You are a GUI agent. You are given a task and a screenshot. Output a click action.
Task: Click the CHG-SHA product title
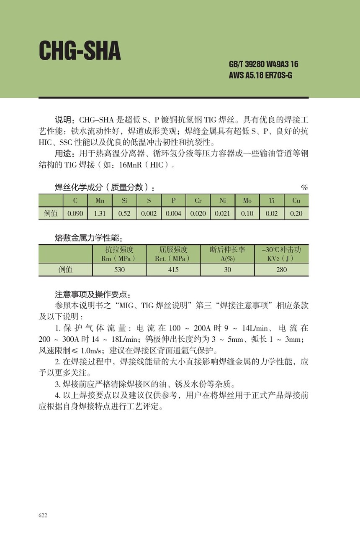pyautogui.click(x=80, y=51)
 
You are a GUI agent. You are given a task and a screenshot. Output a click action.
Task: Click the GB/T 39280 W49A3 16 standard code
pyautogui.click(x=263, y=64)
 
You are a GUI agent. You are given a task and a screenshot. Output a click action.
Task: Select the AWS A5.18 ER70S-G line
pyautogui.click(x=263, y=76)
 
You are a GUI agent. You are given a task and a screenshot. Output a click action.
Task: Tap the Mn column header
pyautogui.click(x=100, y=201)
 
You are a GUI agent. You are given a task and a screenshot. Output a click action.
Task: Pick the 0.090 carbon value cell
pyautogui.click(x=75, y=213)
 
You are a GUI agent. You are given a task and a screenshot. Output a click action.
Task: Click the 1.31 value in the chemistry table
pyautogui.click(x=100, y=213)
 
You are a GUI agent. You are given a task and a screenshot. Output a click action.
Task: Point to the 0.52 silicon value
pyautogui.click(x=124, y=213)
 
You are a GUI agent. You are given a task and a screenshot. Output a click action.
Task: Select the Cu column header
pyautogui.click(x=296, y=201)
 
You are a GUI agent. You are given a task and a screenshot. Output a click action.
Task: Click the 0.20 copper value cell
pyautogui.click(x=296, y=213)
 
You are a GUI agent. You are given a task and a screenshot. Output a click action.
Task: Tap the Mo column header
pyautogui.click(x=247, y=201)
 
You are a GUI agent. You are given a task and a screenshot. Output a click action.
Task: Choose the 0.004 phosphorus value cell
pyautogui.click(x=173, y=213)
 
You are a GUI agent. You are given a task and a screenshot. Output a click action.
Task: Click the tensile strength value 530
pyautogui.click(x=119, y=270)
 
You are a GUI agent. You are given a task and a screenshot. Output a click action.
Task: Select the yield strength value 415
pyautogui.click(x=173, y=270)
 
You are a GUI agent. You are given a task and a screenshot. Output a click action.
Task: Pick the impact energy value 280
pyautogui.click(x=281, y=270)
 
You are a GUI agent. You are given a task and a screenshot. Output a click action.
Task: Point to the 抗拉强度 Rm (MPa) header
pyautogui.click(x=119, y=254)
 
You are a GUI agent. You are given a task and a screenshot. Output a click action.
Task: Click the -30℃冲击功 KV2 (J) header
pyautogui.click(x=281, y=254)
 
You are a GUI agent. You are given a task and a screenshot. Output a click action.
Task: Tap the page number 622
pyautogui.click(x=43, y=515)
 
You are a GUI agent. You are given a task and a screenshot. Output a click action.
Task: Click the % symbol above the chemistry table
pyautogui.click(x=304, y=188)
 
